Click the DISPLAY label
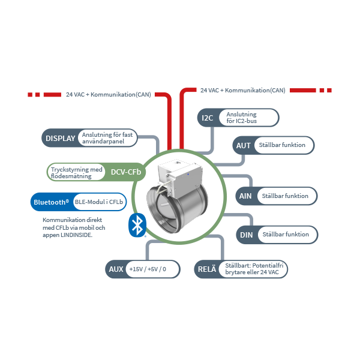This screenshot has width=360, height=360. click(61, 138)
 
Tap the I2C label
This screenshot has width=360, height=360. click(208, 118)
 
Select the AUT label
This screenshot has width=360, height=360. click(244, 145)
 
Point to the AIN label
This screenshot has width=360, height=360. click(245, 196)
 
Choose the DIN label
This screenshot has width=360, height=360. click(246, 235)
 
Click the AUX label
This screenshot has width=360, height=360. click(115, 269)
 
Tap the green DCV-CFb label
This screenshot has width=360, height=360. click(126, 173)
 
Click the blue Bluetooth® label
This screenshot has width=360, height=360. click(51, 202)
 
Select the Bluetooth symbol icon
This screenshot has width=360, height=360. click(138, 226)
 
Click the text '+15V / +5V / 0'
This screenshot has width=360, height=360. click(147, 269)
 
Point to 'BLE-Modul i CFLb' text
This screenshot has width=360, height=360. click(95, 202)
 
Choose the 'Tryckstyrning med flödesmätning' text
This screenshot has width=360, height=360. click(77, 173)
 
